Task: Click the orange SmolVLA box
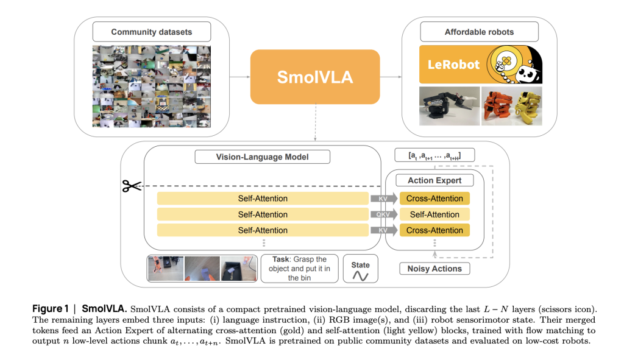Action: (x=314, y=77)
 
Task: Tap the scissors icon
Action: (x=131, y=186)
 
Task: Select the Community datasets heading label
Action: (x=152, y=32)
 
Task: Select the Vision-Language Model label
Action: (x=262, y=157)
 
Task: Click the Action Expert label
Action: (x=434, y=180)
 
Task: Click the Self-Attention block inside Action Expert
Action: (x=434, y=214)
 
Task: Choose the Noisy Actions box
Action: (x=434, y=269)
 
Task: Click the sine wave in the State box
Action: (x=360, y=275)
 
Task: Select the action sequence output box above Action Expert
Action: (x=434, y=155)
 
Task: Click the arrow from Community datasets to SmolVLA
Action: (x=239, y=77)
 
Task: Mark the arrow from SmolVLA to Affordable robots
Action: (x=391, y=77)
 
